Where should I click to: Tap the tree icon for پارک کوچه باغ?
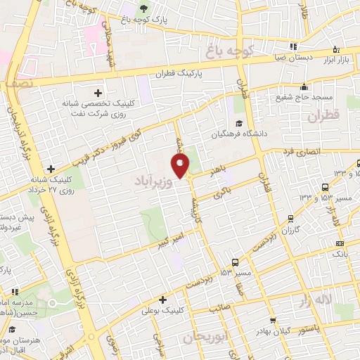pyautogui.click(x=144, y=9)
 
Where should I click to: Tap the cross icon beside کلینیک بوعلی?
pyautogui.click(x=162, y=299)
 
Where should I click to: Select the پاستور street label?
pyautogui.click(x=305, y=328)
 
